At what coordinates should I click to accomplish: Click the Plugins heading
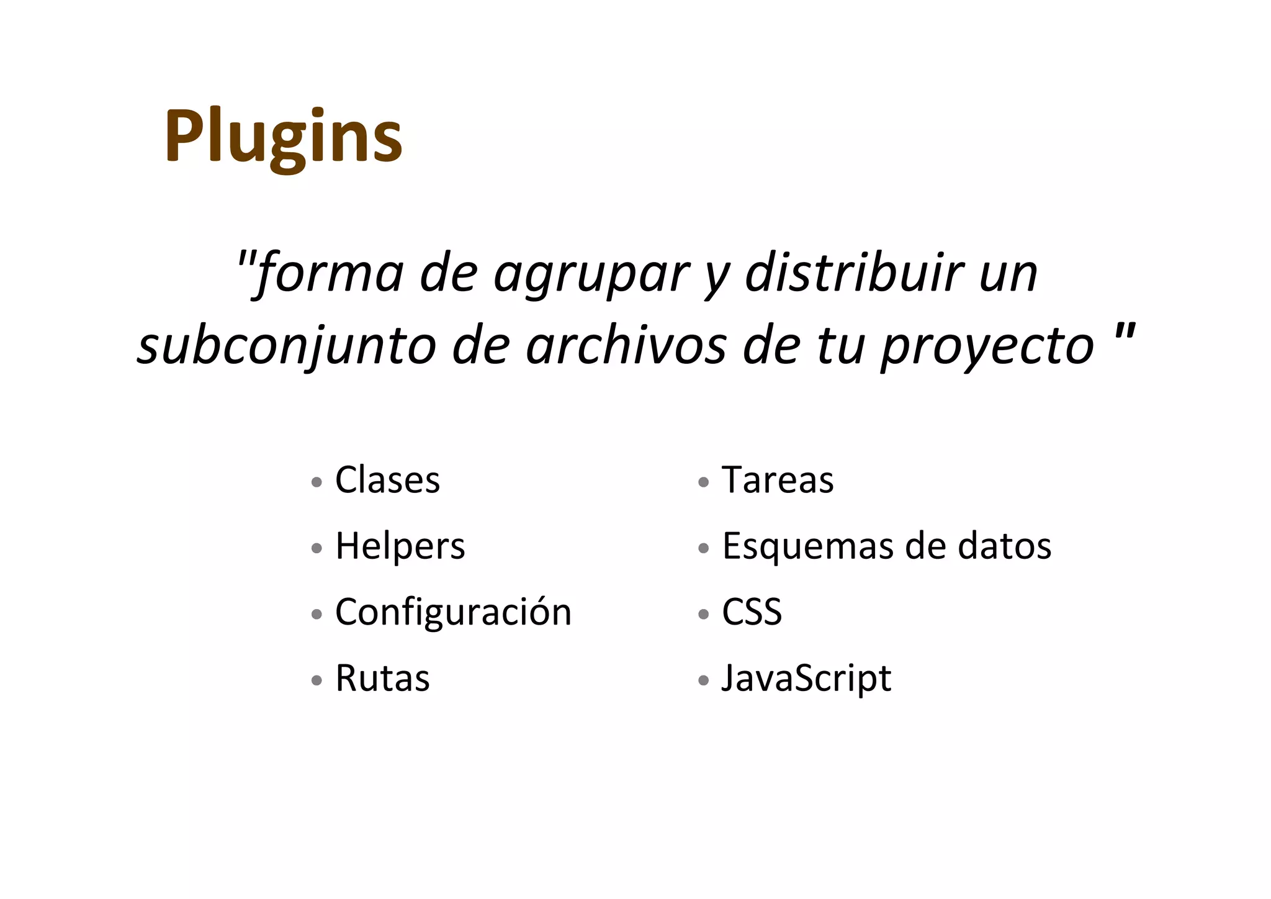click(284, 137)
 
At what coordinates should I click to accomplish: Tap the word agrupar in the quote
click(591, 274)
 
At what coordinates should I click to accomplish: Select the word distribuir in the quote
click(854, 273)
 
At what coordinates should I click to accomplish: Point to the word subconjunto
click(286, 346)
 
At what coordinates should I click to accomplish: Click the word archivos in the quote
click(626, 345)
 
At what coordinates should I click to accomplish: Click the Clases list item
click(387, 480)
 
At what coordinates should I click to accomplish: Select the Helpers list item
click(400, 546)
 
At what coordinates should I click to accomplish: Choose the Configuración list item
click(453, 612)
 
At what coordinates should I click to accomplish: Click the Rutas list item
click(382, 678)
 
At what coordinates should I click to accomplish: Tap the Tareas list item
click(777, 480)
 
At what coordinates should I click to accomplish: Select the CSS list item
click(751, 612)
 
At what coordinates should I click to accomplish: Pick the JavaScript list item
click(806, 678)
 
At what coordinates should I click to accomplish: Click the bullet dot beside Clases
click(317, 482)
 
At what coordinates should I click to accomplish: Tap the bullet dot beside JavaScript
click(703, 680)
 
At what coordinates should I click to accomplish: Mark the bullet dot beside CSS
click(703, 615)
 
